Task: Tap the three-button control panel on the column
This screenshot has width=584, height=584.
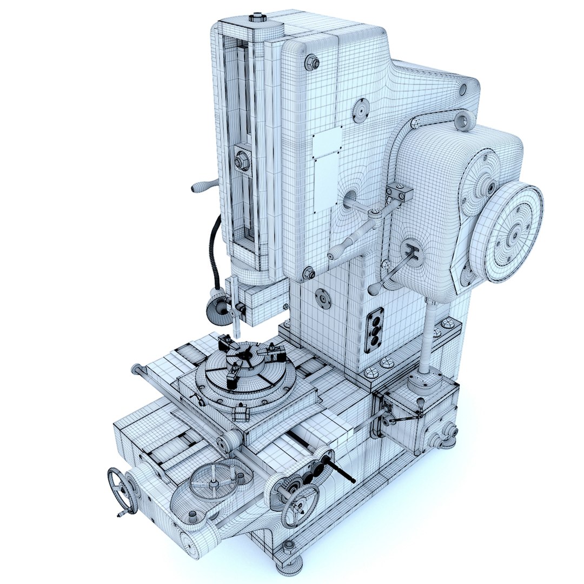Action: [x=374, y=330]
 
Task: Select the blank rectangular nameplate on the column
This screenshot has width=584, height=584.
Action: [x=328, y=142]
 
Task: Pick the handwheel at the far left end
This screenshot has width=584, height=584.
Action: [x=122, y=489]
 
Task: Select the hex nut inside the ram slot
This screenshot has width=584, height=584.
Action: [x=241, y=161]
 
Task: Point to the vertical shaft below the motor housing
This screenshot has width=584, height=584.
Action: [x=428, y=335]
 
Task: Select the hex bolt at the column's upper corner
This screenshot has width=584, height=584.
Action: [x=312, y=62]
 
